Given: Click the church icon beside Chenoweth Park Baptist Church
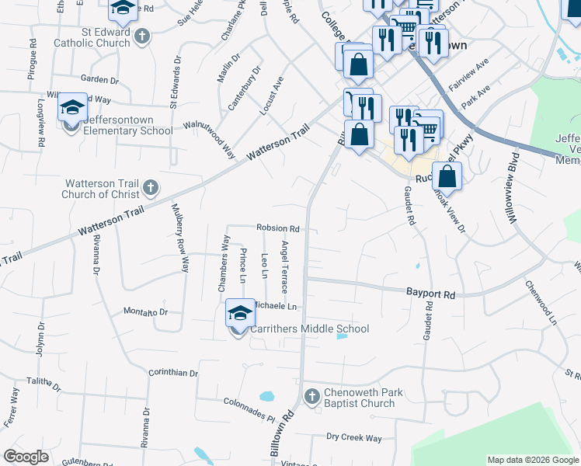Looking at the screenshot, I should (x=311, y=397).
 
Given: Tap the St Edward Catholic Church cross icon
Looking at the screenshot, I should (x=141, y=37).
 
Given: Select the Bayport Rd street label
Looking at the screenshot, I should (x=430, y=294).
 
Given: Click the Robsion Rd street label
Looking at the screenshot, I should (x=278, y=229).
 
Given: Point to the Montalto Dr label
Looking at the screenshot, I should (x=146, y=311).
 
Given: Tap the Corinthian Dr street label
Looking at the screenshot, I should (x=172, y=373).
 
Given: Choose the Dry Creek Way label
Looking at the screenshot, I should (x=353, y=438).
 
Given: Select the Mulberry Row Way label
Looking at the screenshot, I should (x=180, y=238).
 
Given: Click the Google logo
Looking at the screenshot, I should (x=26, y=457).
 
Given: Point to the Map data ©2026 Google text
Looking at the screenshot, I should (x=532, y=460).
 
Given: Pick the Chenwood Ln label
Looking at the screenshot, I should (x=542, y=303).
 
